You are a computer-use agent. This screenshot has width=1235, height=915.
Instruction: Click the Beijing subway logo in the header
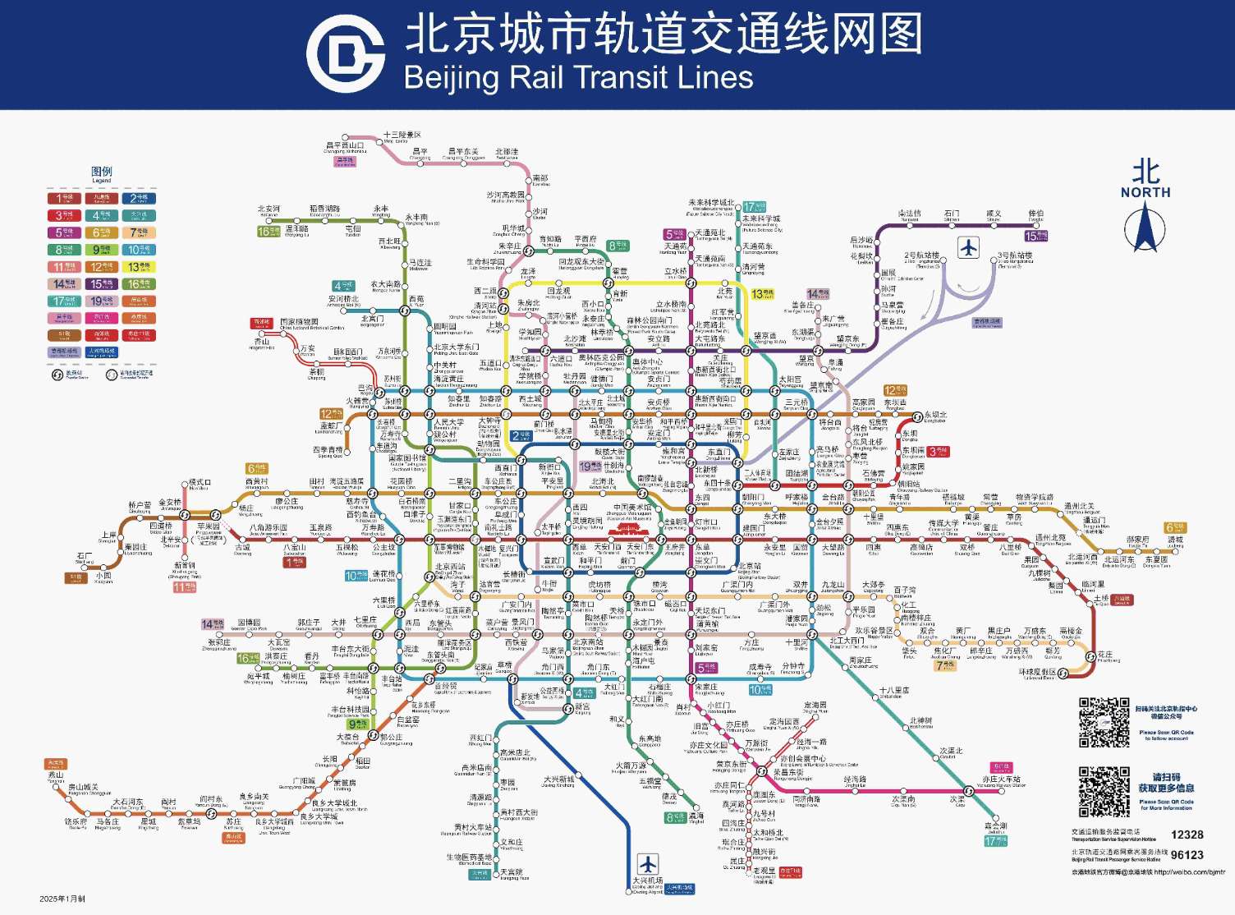pyautogui.click(x=346, y=54)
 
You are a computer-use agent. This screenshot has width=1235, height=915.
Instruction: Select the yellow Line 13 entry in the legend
pyautogui.click(x=139, y=267)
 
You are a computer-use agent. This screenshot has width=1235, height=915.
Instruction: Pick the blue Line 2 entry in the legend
pyautogui.click(x=139, y=198)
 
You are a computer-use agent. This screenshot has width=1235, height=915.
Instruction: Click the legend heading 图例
pyautogui.click(x=102, y=172)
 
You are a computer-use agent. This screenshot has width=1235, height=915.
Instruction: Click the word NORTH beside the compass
pyautogui.click(x=1145, y=192)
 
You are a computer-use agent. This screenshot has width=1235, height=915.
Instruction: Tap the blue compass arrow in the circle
pyautogui.click(x=1145, y=228)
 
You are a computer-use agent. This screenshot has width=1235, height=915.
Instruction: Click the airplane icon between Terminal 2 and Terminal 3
pyautogui.click(x=969, y=246)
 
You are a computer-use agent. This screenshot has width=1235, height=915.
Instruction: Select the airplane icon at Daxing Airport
pyautogui.click(x=648, y=864)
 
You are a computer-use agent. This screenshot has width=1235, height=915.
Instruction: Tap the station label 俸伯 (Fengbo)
pyautogui.click(x=1036, y=214)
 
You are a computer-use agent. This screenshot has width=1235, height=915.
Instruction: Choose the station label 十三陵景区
pyautogui.click(x=402, y=135)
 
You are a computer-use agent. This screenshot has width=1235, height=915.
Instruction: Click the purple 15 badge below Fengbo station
pyautogui.click(x=1035, y=237)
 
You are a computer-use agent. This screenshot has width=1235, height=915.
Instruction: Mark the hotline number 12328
pyautogui.click(x=1187, y=835)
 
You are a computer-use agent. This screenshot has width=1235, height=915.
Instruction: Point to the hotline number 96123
pyautogui.click(x=1187, y=855)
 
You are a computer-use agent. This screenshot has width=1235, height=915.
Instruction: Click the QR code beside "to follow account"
pyautogui.click(x=1103, y=722)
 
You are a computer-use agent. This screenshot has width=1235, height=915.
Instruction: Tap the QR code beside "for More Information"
pyautogui.click(x=1103, y=792)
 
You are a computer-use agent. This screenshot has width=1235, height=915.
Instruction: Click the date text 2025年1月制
pyautogui.click(x=62, y=899)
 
